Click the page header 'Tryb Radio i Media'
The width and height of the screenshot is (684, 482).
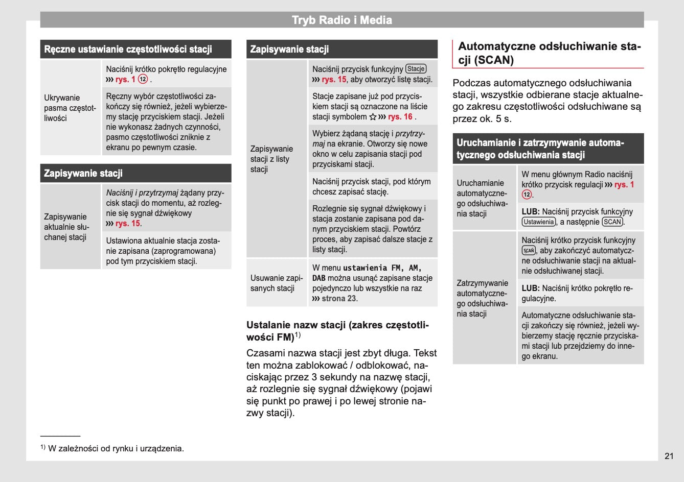click(x=341, y=20)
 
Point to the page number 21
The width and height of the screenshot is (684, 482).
click(x=669, y=456)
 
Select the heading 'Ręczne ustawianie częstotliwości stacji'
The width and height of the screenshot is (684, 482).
click(x=128, y=50)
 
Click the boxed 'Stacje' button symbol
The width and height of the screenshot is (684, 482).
click(x=416, y=69)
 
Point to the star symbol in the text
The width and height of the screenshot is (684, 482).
click(x=372, y=117)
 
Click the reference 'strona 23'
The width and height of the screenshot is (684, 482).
click(x=339, y=299)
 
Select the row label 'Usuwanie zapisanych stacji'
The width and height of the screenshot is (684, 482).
click(x=277, y=283)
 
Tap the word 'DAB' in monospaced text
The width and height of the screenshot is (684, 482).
click(x=318, y=278)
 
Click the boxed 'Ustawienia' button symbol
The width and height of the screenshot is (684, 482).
click(x=538, y=222)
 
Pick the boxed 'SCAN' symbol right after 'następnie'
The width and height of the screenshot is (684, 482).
click(x=612, y=222)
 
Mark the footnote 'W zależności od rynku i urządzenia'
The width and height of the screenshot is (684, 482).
click(x=116, y=449)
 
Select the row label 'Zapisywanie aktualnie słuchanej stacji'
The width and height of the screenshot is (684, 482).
click(x=66, y=227)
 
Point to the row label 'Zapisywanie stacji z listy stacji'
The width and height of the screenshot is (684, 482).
click(x=271, y=159)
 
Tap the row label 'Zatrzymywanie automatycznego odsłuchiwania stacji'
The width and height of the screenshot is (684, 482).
click(x=482, y=298)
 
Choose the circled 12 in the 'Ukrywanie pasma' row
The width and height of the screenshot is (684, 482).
click(x=143, y=79)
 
